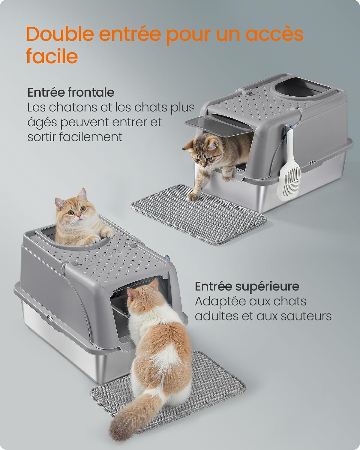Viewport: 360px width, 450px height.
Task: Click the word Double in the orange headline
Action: (x=60, y=34)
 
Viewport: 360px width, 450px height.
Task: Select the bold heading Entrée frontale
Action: (x=71, y=92)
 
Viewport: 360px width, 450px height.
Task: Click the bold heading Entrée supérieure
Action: (x=247, y=286)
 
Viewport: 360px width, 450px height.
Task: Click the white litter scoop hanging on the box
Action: (x=289, y=167)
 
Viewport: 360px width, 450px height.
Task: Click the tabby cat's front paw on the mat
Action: (x=192, y=197)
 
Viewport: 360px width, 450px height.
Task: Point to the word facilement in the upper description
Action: (x=91, y=137)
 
